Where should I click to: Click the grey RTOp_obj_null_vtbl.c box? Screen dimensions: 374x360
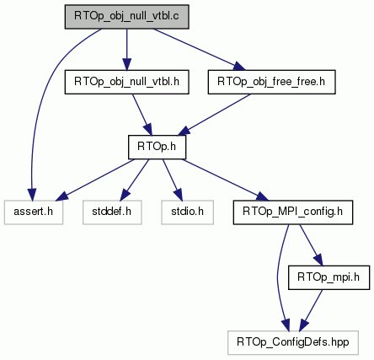[126, 17]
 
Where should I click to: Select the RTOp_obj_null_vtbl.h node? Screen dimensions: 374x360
[126, 82]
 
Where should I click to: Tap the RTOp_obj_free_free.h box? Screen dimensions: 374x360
[271, 82]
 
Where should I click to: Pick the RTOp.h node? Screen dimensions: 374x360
[157, 147]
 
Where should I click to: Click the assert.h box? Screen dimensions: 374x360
[34, 212]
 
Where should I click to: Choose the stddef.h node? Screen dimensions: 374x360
[112, 212]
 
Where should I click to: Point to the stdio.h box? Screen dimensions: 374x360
[187, 212]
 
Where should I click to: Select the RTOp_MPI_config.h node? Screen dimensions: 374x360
[293, 212]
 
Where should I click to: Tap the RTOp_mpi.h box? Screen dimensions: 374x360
[329, 277]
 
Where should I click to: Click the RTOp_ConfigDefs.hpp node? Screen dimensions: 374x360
[293, 342]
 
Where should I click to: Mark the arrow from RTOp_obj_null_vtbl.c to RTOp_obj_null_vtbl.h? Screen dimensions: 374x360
[126, 50]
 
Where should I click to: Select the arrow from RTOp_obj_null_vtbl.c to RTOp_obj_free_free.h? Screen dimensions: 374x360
[199, 50]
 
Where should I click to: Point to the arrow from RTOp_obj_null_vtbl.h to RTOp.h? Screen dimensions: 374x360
[142, 115]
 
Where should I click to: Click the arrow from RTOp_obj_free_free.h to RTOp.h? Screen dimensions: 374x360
[214, 115]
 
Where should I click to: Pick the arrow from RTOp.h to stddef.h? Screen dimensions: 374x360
[136, 180]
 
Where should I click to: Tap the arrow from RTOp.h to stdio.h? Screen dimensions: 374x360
[173, 180]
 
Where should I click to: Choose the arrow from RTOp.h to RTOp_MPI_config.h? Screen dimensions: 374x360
[225, 180]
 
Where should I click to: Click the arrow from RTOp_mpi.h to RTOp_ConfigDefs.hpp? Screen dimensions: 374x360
[311, 310]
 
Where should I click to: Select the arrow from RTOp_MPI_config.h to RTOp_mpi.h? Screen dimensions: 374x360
[312, 245]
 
